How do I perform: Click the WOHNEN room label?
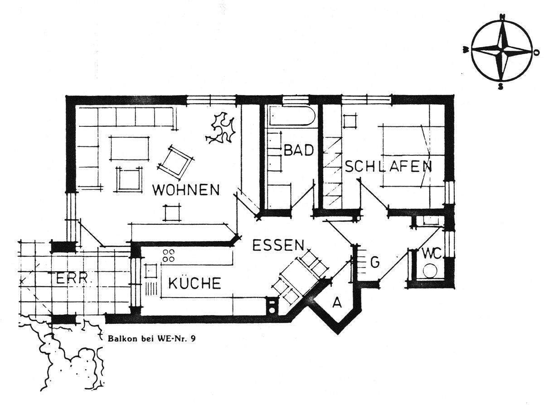[186, 189]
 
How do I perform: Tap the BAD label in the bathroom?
[299, 150]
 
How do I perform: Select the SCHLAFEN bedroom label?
[388, 166]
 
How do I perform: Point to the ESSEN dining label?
[277, 246]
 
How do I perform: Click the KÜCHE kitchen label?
[194, 284]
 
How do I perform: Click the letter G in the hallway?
[374, 262]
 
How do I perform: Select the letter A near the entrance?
[337, 303]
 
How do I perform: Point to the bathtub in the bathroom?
[290, 116]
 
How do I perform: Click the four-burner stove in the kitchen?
[169, 255]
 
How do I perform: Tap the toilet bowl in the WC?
[428, 272]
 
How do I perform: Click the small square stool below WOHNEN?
[172, 212]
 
